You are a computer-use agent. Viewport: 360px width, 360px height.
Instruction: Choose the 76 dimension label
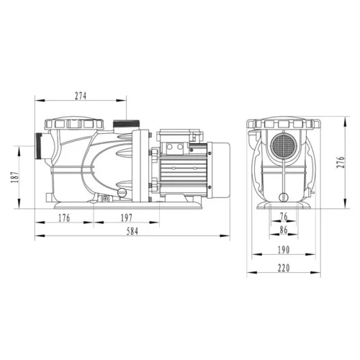pyautogui.click(x=282, y=216)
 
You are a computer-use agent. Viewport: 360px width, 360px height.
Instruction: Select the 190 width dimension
pyautogui.click(x=283, y=251)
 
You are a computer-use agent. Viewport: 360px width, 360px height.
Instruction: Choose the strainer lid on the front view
pyautogui.click(x=283, y=125)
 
